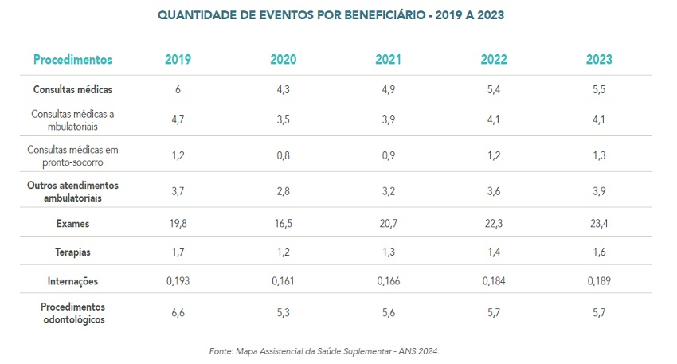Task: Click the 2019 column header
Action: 178,60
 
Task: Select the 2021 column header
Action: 388,60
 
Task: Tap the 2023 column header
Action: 598,60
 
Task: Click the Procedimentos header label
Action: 72,60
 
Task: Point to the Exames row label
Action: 72,225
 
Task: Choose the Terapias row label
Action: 72,252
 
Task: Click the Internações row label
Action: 72,281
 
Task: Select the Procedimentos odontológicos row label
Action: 72,313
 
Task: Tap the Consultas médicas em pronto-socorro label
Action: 72,155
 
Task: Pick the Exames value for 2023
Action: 598,225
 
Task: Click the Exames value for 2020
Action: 283,225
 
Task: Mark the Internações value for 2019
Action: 178,281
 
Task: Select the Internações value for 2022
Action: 493,281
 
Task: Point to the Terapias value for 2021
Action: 388,252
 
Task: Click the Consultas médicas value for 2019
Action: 178,89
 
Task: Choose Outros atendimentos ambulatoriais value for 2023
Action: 598,191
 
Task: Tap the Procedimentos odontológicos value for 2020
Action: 283,313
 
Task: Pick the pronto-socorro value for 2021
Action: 388,155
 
